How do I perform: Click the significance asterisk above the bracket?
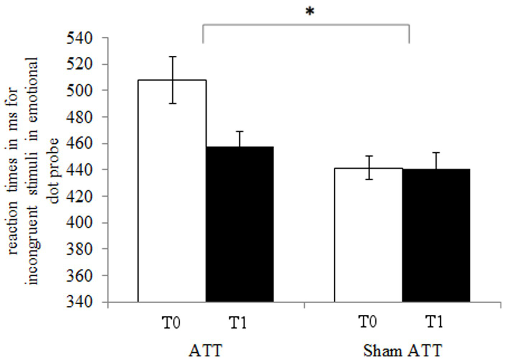tap(310, 12)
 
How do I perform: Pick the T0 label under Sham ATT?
tap(368, 321)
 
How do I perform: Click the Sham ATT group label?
tap(402, 350)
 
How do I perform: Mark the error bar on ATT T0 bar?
tap(173, 80)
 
